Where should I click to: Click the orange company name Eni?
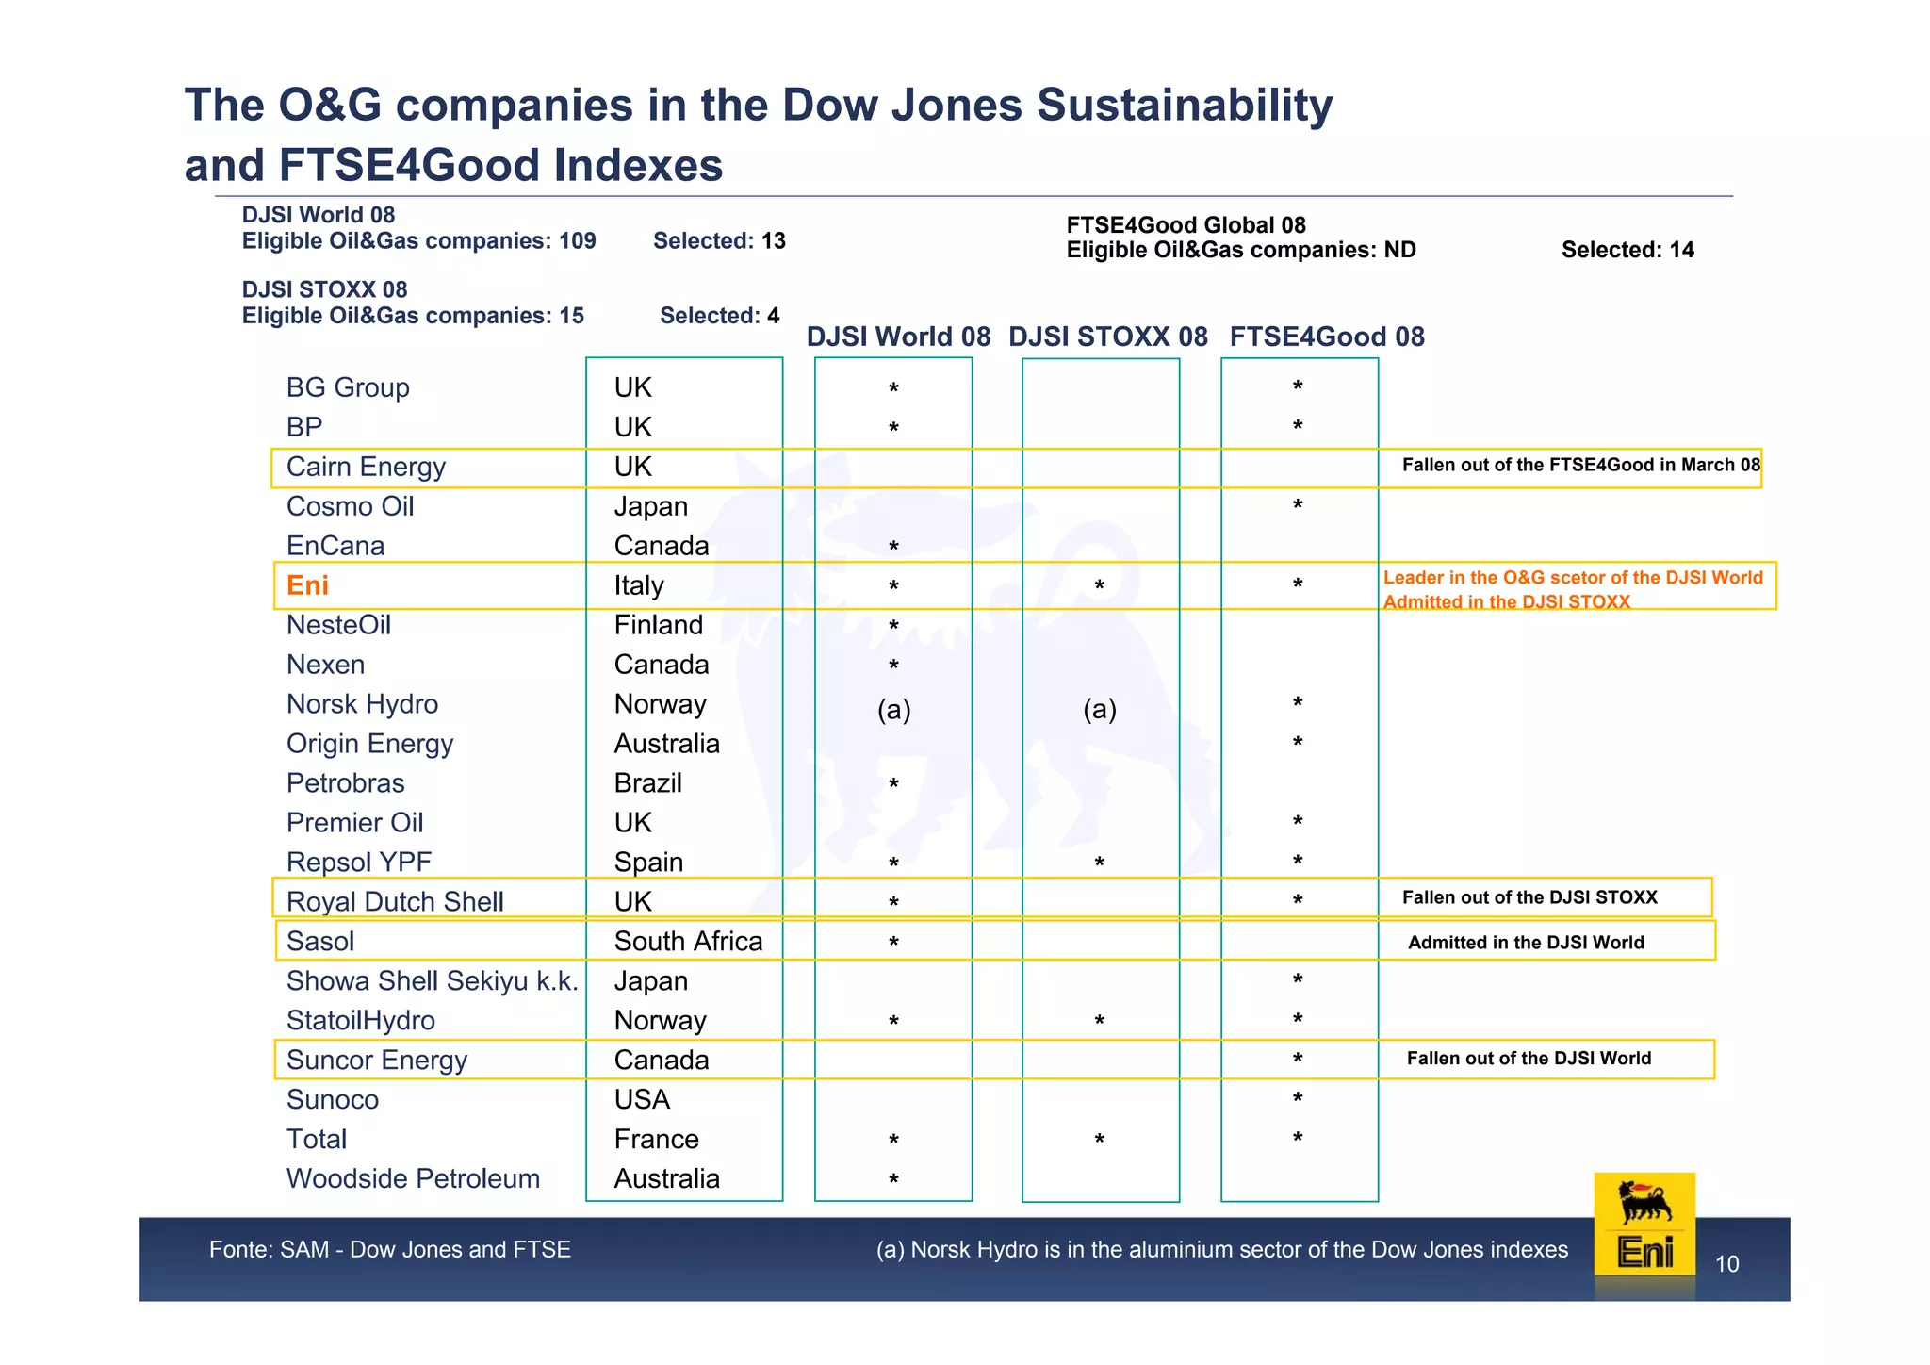[x=307, y=585]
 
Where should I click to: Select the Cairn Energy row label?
[x=366, y=467]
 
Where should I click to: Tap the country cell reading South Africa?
[x=688, y=941]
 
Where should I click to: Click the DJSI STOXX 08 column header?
[x=1107, y=337]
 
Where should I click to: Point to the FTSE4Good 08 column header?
[x=1326, y=337]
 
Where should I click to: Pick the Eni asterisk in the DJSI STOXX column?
[x=1099, y=587]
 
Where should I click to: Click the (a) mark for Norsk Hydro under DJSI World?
[x=893, y=709]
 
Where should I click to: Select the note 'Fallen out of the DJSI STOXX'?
[x=1529, y=897]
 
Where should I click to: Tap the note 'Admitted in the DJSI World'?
[x=1526, y=943]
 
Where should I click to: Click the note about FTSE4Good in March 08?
[x=1580, y=465]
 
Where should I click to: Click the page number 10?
[x=1726, y=1264]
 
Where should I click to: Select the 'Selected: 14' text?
[x=1627, y=250]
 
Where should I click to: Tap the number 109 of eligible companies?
[x=577, y=241]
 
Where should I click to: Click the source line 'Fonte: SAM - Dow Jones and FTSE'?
[x=389, y=1250]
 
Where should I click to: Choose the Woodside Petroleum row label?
[x=413, y=1178]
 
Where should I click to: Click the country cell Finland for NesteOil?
[x=658, y=625]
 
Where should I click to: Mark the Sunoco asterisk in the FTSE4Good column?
[x=1298, y=1099]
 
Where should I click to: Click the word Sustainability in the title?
[x=1185, y=105]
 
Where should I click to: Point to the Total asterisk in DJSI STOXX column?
[x=1099, y=1141]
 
